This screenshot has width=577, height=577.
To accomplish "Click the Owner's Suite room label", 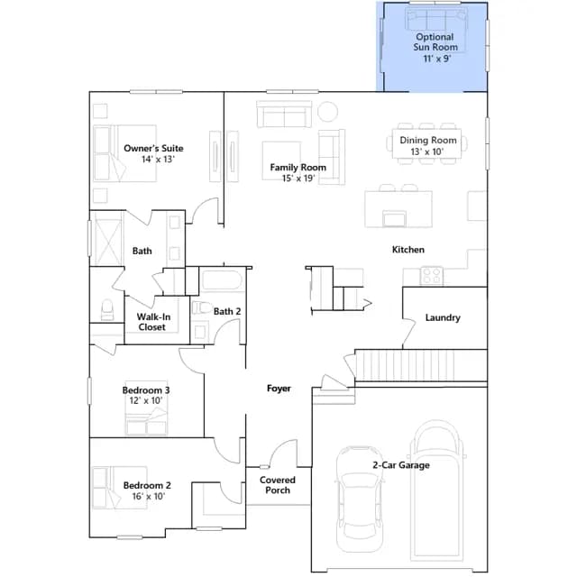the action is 153,148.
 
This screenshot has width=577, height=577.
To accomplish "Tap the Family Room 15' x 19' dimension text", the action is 298,179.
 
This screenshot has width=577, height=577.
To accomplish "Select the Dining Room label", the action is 428,141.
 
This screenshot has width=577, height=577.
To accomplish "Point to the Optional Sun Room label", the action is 435,42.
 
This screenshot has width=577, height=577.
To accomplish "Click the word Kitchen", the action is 408,250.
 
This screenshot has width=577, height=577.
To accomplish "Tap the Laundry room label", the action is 443,317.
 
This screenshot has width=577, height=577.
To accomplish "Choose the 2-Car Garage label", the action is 401,465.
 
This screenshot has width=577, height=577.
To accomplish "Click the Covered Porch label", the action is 278,485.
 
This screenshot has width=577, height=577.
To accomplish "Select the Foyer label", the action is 279,389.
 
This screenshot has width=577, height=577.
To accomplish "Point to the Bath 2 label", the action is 227,311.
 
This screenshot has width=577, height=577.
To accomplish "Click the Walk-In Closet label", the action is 153,322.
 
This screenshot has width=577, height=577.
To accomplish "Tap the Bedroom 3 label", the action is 146,390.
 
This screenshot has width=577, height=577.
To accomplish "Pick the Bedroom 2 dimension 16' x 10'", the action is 149,497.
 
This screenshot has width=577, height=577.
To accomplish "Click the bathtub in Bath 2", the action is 222,280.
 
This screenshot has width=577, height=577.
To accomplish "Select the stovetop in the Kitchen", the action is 432,276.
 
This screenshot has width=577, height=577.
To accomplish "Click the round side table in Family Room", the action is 327,112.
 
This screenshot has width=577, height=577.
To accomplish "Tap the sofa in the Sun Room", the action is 435,18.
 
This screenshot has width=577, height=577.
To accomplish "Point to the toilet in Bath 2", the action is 202,307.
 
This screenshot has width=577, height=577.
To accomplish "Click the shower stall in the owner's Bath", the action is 107,238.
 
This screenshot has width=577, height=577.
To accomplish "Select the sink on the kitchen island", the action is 395,218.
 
